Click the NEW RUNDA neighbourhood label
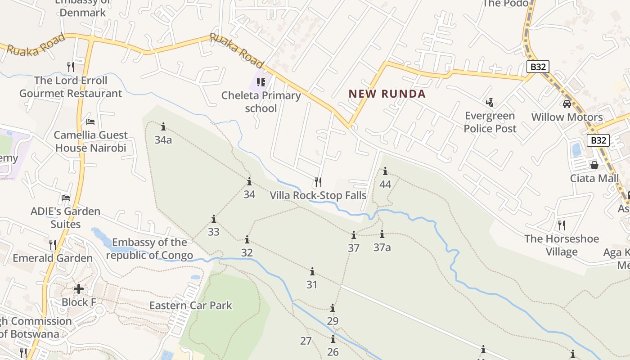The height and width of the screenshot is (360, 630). tap(387, 94)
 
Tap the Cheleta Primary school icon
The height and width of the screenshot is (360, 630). tap(261, 82)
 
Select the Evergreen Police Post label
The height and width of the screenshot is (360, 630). tap(490, 122)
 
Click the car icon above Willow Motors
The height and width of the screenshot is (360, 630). tap(567, 104)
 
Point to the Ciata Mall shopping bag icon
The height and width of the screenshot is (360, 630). tap(594, 165)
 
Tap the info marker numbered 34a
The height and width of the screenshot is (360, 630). tap(163, 126)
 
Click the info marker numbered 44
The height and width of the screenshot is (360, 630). tap(385, 171)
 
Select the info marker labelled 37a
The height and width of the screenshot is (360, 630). tap(382, 234)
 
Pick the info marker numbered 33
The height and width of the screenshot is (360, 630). tap(214, 219)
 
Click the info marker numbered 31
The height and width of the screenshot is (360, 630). tap(312, 272)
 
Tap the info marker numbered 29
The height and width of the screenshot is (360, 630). tap(333, 308)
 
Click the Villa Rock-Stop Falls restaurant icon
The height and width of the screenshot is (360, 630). tap(318, 182)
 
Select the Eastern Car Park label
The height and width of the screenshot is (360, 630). tap(191, 305)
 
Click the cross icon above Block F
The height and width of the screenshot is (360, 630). tap(79, 288)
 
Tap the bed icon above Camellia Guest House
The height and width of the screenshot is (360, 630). tap(90, 121)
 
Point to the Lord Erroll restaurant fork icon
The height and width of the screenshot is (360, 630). tap(71, 67)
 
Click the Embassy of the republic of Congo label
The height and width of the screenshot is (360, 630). tap(149, 249)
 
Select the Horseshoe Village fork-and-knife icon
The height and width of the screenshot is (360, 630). tap(561, 225)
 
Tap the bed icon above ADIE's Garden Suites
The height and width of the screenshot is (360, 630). tap(66, 198)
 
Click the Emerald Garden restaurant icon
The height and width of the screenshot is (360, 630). tap(53, 245)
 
